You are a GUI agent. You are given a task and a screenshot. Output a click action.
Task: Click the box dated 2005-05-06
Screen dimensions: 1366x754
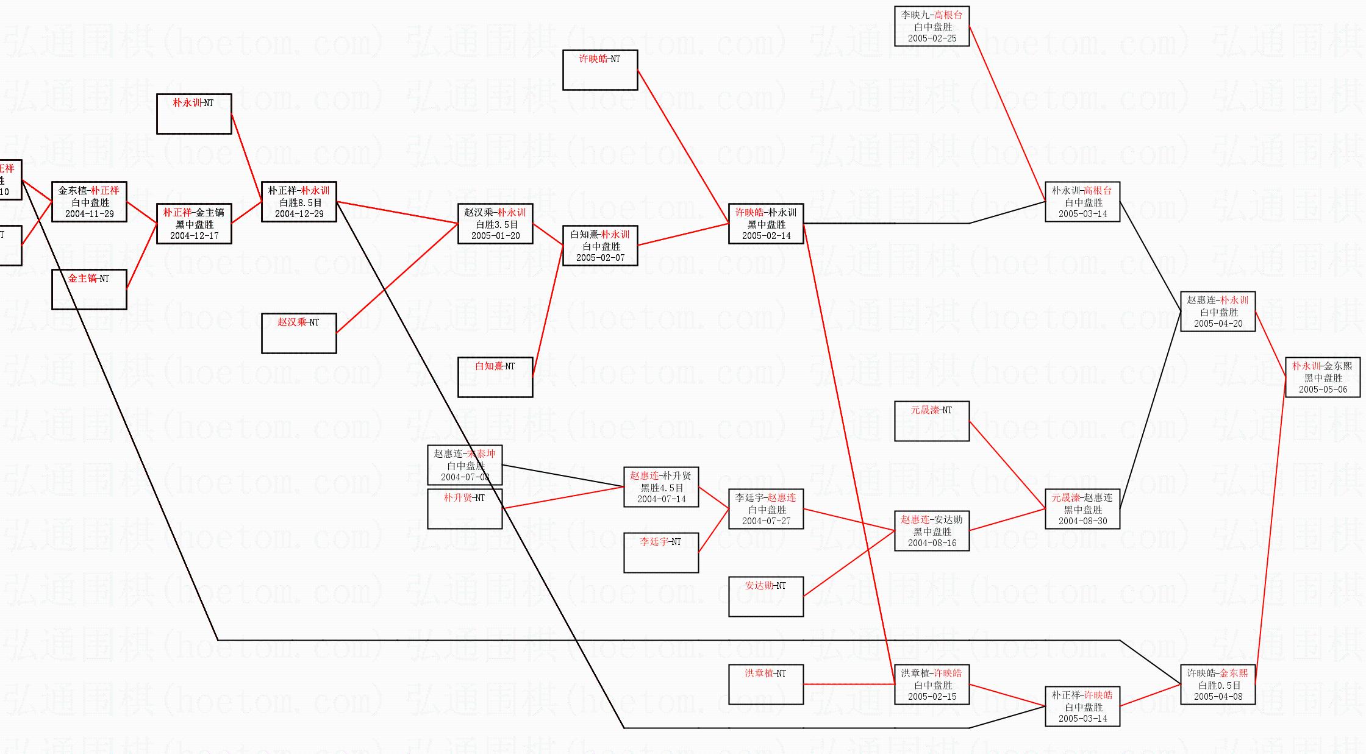[x=1323, y=377]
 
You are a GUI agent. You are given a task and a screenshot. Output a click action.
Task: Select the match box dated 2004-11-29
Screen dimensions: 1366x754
[x=89, y=202]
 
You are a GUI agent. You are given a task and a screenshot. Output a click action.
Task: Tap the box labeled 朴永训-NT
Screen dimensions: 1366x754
[x=194, y=114]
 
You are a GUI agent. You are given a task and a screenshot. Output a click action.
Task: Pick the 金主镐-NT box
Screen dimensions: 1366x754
[x=89, y=290]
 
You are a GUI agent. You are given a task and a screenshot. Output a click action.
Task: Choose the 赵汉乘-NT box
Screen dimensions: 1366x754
[x=299, y=333]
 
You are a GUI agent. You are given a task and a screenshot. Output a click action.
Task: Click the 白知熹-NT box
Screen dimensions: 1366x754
[x=495, y=377]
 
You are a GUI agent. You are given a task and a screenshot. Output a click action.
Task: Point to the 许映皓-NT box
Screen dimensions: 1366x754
[x=600, y=70]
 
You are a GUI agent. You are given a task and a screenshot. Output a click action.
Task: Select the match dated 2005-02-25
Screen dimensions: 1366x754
[x=932, y=26]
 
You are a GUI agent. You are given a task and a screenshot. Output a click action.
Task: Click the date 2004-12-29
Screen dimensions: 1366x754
[x=299, y=214]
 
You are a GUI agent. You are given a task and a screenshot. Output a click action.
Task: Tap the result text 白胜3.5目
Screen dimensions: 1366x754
[x=495, y=224]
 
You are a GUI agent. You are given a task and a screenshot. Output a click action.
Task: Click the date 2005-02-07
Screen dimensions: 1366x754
[x=600, y=258]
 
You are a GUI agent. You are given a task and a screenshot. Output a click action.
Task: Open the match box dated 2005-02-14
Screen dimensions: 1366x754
[x=766, y=224]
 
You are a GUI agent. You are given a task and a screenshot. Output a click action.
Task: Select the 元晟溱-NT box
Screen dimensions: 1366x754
[x=932, y=421]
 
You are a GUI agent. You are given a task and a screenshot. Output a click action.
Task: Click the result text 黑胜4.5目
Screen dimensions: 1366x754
[x=661, y=488]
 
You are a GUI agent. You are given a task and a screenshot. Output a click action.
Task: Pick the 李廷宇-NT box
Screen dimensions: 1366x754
[x=661, y=553]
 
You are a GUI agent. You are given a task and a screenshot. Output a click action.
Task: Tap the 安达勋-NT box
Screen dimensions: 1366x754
[x=766, y=597]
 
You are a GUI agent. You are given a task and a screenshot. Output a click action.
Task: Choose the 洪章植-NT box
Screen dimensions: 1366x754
[x=766, y=685]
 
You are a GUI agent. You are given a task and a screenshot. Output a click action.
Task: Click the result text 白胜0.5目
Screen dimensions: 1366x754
[x=1218, y=685]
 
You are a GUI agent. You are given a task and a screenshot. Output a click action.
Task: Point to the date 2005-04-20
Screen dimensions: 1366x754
[x=1218, y=324]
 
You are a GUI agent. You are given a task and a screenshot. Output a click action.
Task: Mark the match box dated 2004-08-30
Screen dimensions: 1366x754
[x=1082, y=509]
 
